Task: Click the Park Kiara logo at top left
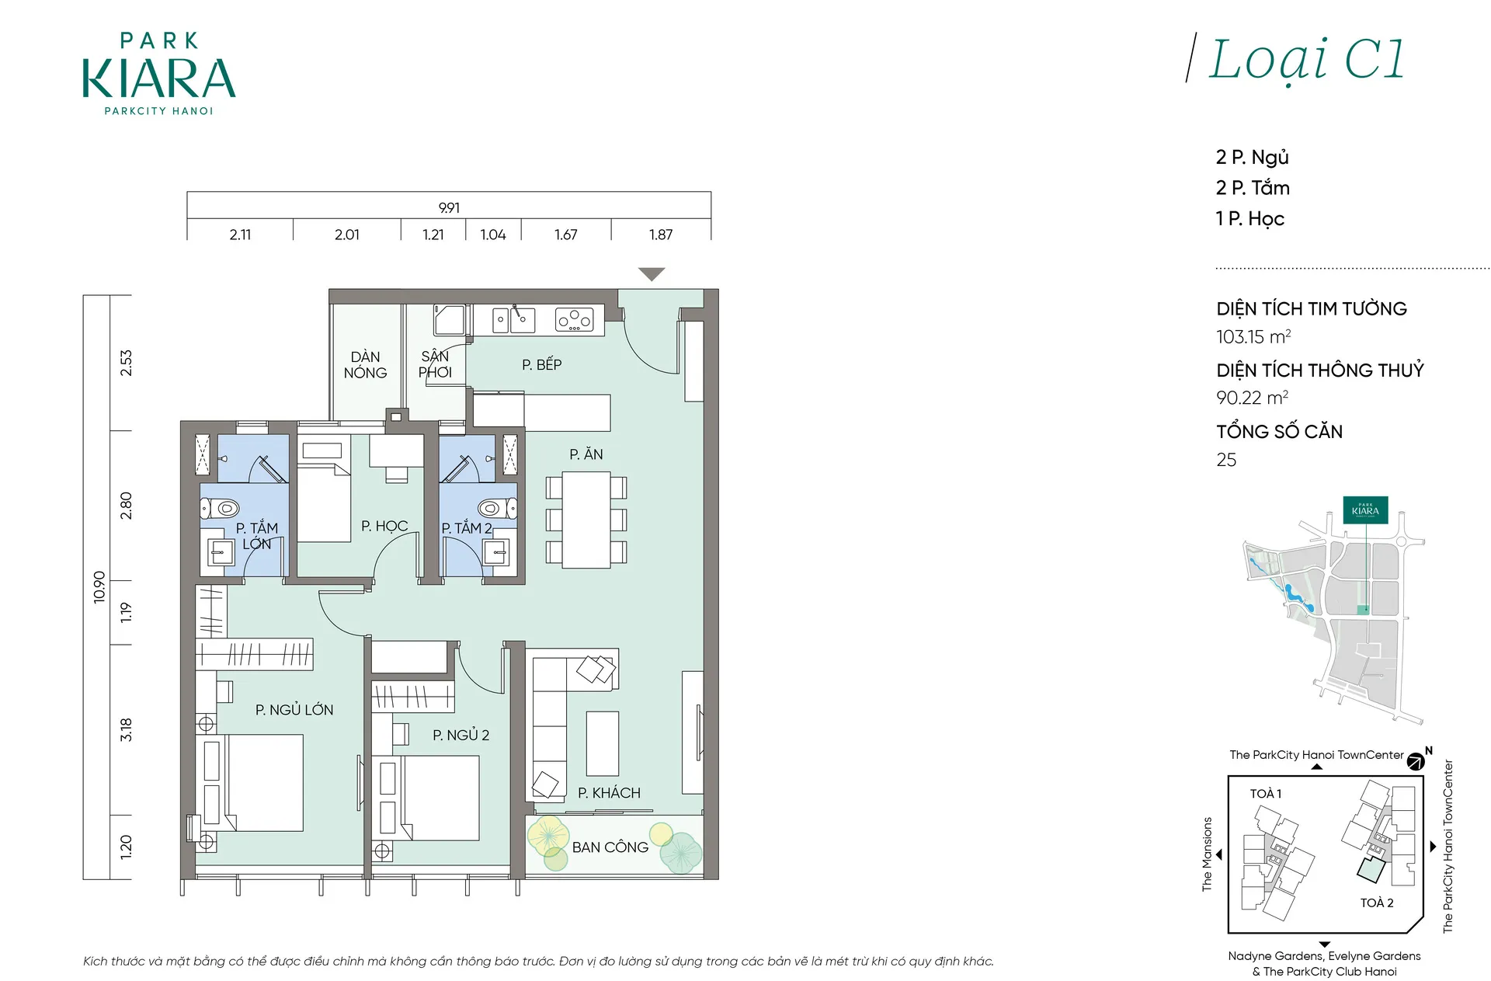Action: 159,74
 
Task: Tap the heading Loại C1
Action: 1307,60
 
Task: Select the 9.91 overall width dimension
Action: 449,207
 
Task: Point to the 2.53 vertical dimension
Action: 126,363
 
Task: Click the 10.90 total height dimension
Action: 99,586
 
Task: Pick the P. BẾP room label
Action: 541,364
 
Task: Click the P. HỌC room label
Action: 384,526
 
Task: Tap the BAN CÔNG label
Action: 610,847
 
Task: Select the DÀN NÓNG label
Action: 365,364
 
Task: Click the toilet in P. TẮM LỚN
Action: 220,509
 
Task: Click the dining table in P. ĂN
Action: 586,520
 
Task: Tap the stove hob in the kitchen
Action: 575,319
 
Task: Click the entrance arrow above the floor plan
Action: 652,274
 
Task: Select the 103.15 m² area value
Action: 1253,336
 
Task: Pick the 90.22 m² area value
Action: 1252,397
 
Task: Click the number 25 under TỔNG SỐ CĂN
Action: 1226,459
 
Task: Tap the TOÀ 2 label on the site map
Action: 1377,903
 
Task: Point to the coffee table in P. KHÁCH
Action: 602,743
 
